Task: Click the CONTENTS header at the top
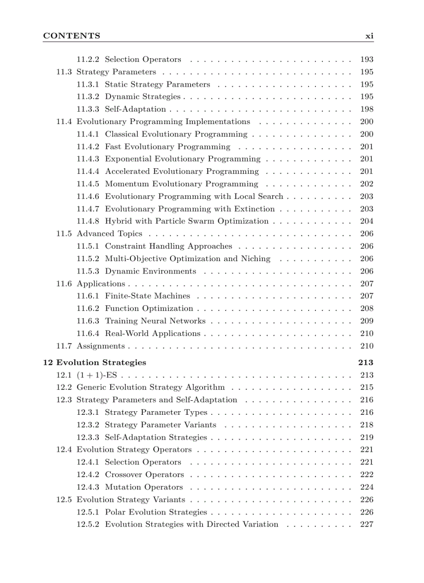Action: [x=71, y=36]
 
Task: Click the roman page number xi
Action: [x=369, y=36]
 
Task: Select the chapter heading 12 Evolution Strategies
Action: [x=94, y=362]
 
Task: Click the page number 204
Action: [x=366, y=221]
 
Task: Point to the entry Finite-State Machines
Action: [x=147, y=296]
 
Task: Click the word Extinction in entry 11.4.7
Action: [x=255, y=209]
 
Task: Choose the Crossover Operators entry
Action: [x=144, y=474]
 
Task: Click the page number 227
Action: [x=366, y=524]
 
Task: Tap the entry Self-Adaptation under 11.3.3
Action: [x=135, y=109]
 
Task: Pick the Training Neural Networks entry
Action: [x=155, y=321]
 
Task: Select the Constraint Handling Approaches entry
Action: [x=168, y=246]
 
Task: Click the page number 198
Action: [x=366, y=109]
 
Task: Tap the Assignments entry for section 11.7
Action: [x=100, y=346]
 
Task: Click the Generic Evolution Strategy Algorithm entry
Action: [x=151, y=387]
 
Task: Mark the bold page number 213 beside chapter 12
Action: [x=366, y=362]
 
